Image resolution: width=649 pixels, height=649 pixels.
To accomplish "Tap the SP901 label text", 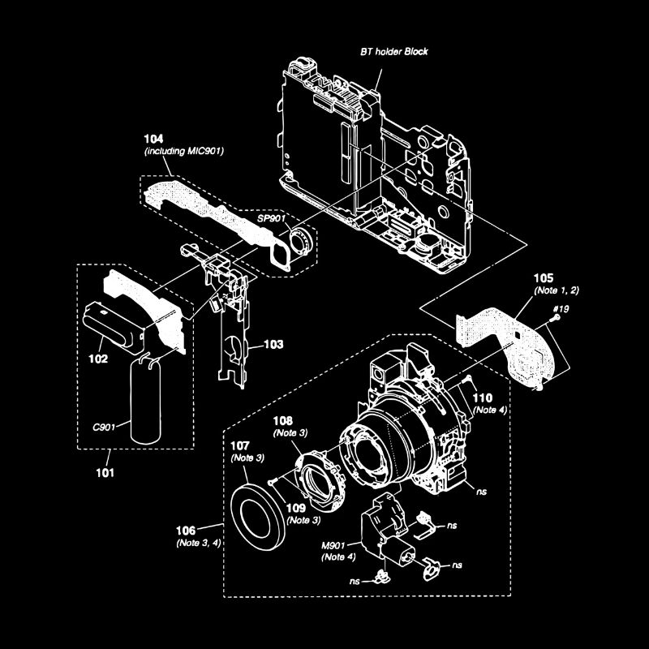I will [x=271, y=220].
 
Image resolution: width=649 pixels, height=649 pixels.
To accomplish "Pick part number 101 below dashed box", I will [x=105, y=471].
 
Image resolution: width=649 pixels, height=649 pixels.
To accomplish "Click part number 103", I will [x=273, y=345].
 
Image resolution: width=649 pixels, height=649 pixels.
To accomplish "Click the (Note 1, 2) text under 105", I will [x=557, y=290].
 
